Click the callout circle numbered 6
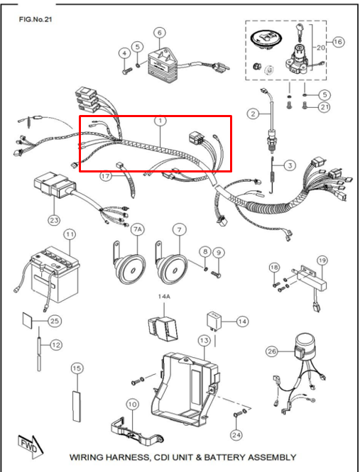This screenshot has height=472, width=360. point(160,32)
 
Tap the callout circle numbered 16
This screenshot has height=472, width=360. point(338,42)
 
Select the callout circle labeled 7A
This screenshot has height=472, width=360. point(137,230)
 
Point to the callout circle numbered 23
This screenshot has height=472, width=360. point(54,220)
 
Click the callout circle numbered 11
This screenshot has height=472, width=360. point(70,234)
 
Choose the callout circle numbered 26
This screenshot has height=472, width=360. point(272,351)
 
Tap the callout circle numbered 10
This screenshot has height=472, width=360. point(133,405)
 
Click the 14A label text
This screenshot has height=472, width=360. point(164,297)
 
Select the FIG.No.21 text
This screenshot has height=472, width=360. point(31,19)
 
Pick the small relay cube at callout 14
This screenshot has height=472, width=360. point(214,322)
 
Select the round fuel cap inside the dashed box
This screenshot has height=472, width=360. point(266,39)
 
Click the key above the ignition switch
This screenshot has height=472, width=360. point(300,32)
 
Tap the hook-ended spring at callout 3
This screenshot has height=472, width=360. point(272,175)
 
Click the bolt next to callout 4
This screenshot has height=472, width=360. point(127,71)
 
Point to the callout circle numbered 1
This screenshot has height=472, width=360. point(160,121)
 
